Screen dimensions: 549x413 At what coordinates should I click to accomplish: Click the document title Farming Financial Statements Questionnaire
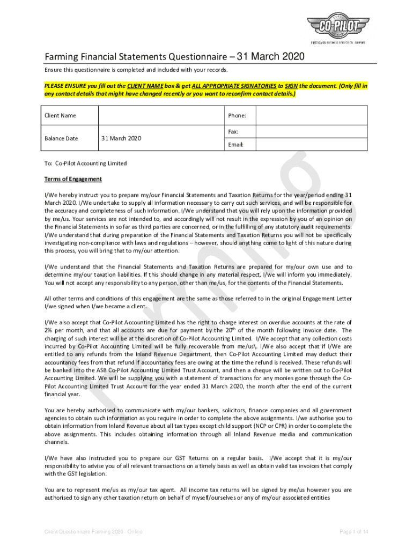174,57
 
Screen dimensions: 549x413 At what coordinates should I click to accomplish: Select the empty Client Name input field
161,115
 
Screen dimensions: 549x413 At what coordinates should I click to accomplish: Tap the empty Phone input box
311,115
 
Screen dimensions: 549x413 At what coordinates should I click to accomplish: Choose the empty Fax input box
311,131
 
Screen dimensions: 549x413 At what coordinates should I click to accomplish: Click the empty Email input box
311,145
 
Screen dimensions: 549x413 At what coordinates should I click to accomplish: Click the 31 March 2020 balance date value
121,138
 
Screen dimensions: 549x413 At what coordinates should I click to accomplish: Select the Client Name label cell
60,115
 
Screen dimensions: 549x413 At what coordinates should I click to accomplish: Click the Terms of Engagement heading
73,179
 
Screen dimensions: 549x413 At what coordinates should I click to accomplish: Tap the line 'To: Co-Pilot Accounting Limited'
85,164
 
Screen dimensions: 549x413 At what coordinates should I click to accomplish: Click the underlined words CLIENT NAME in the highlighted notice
147,86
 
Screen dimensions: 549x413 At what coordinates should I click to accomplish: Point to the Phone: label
237,115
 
